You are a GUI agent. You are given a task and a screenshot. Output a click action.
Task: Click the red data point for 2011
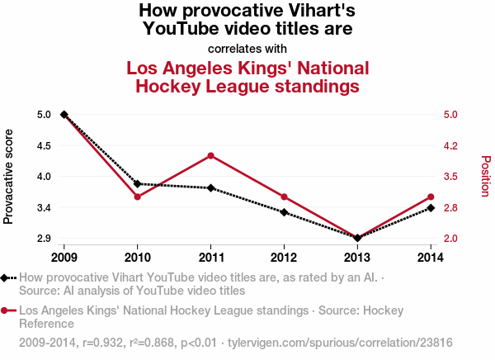tap(211, 155)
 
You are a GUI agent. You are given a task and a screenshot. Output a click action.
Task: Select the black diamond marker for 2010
tap(138, 183)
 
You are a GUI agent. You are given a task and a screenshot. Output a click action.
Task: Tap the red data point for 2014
tap(431, 197)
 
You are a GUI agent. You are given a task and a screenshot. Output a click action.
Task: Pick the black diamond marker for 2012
tap(284, 212)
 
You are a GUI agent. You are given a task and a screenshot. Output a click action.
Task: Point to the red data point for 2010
tap(138, 197)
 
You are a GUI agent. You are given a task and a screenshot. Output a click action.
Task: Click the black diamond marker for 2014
tap(431, 208)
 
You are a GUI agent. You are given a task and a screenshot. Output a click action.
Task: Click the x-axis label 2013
tap(357, 256)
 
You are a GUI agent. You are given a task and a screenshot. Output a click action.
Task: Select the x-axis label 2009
tap(64, 256)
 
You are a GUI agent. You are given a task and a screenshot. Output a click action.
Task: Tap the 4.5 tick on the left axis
tap(44, 145)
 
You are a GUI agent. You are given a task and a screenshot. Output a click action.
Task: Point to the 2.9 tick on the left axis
tap(44, 239)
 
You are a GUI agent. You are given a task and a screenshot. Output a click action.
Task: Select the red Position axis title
tap(486, 176)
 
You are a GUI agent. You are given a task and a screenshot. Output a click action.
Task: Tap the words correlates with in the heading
tap(247, 48)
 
